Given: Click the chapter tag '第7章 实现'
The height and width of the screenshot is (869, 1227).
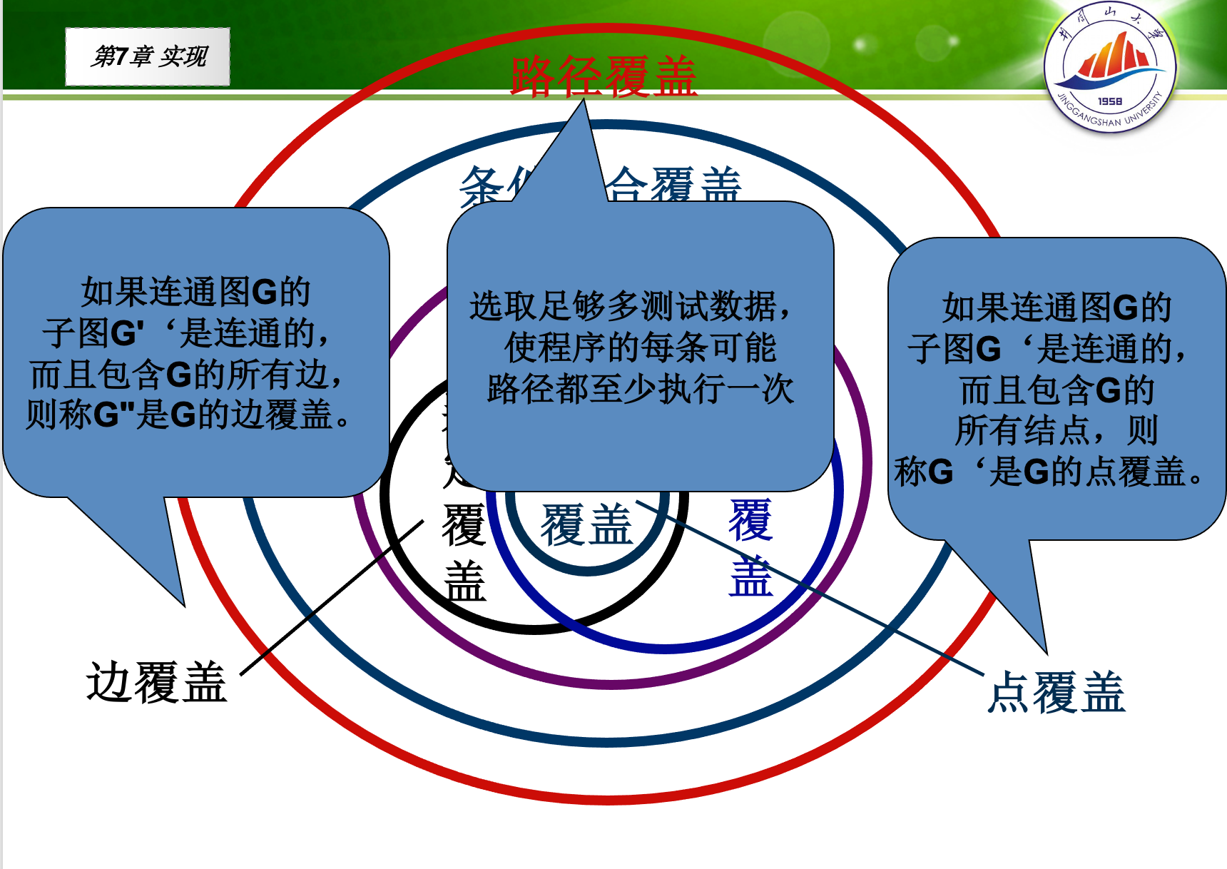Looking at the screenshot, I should point(148,56).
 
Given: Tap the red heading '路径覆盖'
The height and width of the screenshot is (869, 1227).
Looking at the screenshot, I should point(604,76).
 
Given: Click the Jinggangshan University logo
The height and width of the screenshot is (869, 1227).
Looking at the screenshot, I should point(1110,68).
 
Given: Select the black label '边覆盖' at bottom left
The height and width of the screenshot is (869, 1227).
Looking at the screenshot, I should point(156,683).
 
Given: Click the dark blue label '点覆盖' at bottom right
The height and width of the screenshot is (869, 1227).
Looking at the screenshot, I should point(1057,693).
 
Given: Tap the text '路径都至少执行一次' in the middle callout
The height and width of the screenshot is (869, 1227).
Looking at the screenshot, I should point(640,390).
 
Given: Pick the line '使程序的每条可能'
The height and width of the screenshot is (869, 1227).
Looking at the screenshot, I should point(640,348).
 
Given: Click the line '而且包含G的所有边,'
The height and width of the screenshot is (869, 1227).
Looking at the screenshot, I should point(187,375).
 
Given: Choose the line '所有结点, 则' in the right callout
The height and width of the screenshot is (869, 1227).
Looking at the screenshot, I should point(1057,430).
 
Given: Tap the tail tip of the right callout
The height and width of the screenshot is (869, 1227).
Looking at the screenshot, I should point(1046,652).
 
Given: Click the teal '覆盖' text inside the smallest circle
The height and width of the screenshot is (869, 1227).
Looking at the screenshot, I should point(586,525).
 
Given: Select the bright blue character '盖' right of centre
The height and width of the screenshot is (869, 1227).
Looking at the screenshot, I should point(750,576).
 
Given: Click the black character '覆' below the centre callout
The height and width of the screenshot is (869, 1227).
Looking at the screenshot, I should point(464,525).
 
